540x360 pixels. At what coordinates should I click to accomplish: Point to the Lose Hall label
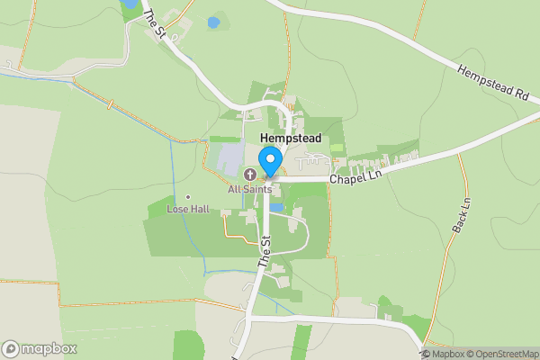tap(187, 209)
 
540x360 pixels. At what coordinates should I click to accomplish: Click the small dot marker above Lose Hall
tap(187, 197)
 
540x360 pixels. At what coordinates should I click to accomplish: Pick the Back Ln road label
tap(462, 216)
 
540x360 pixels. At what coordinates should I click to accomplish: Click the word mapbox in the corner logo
tap(49, 349)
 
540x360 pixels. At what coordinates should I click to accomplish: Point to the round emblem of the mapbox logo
tap(12, 349)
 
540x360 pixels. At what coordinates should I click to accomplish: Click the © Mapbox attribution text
tap(443, 354)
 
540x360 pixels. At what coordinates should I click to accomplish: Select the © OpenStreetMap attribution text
tap(502, 354)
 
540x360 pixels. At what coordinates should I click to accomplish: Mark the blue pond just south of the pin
tap(276, 207)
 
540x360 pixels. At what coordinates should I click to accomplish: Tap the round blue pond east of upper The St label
tap(213, 22)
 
